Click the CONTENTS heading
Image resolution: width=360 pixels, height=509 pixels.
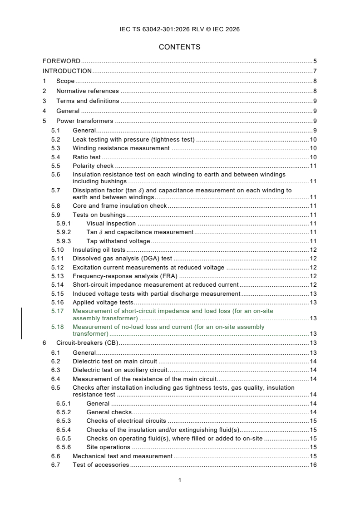[x=180, y=47]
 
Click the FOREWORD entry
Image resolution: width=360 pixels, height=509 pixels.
[x=61, y=61]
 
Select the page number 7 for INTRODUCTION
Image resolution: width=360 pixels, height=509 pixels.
[x=315, y=71]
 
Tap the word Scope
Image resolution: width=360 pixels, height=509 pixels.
[x=65, y=81]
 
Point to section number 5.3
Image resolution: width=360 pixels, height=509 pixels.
[x=55, y=148]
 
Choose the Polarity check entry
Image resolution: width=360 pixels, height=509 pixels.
[x=93, y=166]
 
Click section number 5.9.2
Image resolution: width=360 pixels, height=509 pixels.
[x=64, y=232]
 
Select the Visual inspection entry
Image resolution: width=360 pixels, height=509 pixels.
[x=111, y=223]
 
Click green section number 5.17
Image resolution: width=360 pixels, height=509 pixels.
[x=57, y=311]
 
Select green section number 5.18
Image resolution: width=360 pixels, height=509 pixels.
[x=57, y=327]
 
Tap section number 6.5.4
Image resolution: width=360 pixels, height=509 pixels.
[x=64, y=430]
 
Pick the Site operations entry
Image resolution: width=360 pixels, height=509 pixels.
[x=108, y=447]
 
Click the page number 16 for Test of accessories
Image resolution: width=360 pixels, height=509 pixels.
[x=313, y=465]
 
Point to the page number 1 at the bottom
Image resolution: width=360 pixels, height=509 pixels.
[x=180, y=480]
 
